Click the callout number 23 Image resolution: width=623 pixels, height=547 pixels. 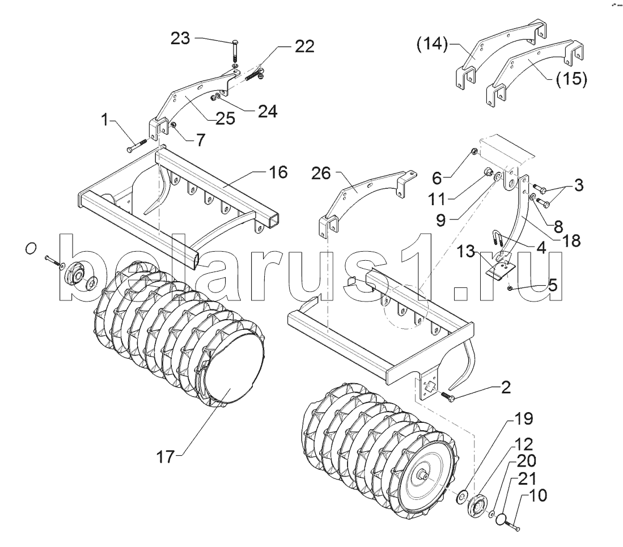[x=180, y=39]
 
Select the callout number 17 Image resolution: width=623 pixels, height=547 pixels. [x=166, y=457]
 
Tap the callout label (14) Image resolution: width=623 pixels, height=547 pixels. [x=432, y=44]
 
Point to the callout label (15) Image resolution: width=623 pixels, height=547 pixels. [x=571, y=79]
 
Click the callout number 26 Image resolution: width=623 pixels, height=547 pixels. [x=321, y=173]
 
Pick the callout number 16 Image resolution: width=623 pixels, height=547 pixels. [x=278, y=172]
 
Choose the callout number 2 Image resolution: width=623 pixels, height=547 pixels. [x=506, y=387]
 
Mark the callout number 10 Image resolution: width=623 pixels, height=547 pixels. [x=538, y=495]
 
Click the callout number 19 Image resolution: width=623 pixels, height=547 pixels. [x=524, y=418]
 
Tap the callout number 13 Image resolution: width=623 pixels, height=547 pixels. [x=465, y=251]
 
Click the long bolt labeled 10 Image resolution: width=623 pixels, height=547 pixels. [x=512, y=527]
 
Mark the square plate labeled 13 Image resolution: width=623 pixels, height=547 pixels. [x=499, y=270]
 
